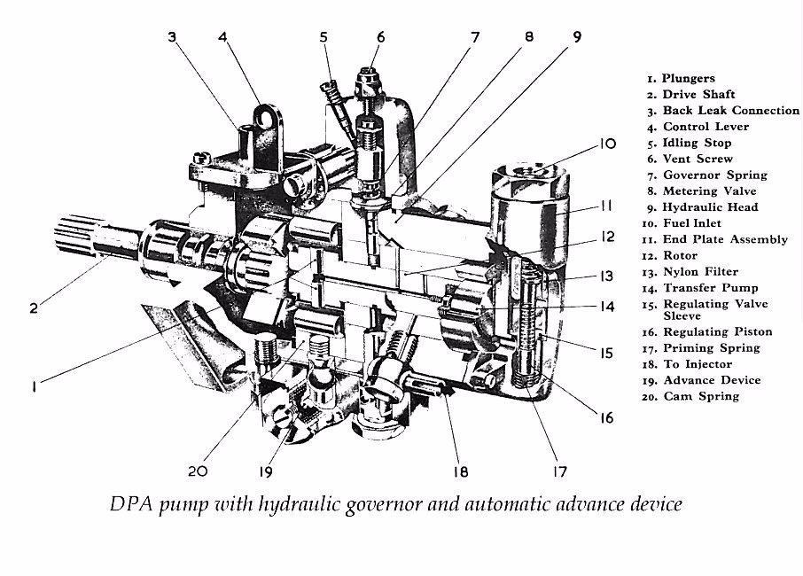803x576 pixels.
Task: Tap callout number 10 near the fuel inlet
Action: [606, 143]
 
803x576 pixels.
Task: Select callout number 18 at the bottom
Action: [461, 471]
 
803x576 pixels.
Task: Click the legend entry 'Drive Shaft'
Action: [690, 94]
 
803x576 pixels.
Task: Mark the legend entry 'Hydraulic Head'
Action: [705, 206]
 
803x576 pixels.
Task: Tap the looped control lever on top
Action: [260, 118]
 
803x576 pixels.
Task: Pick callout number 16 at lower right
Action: [605, 416]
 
